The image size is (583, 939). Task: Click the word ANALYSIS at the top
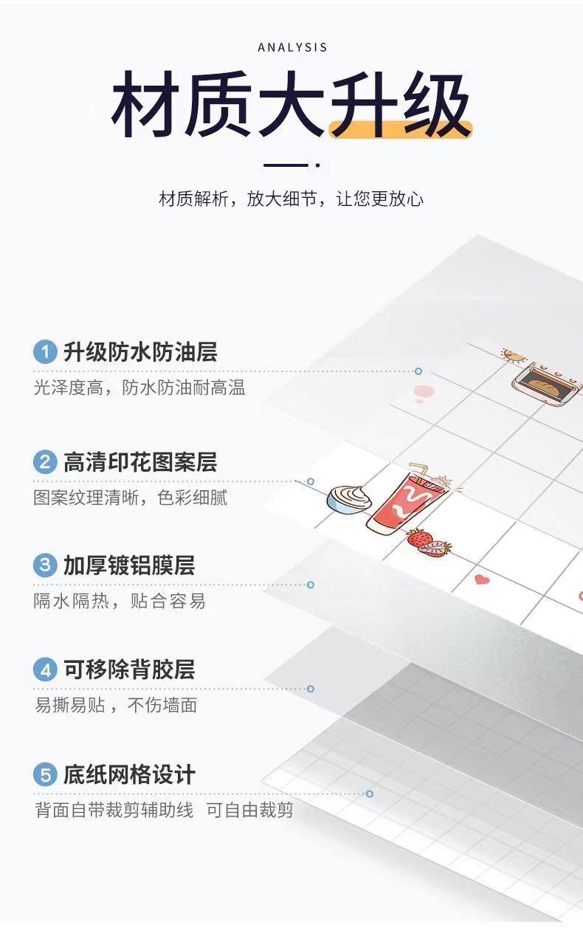tap(292, 48)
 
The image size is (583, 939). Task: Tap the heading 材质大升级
tap(291, 104)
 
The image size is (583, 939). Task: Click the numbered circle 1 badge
tap(45, 352)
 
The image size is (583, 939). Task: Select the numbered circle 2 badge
tap(45, 463)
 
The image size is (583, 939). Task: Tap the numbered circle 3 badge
tap(45, 566)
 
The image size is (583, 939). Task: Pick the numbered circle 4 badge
tap(45, 670)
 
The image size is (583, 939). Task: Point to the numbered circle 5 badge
tap(45, 775)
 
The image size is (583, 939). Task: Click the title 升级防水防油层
tap(140, 352)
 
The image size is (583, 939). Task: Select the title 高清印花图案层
tap(140, 463)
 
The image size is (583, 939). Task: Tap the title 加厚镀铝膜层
tap(129, 566)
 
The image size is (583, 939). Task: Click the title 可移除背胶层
tap(129, 670)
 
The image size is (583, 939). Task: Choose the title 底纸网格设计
tap(129, 775)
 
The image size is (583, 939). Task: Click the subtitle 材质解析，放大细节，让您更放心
tap(291, 199)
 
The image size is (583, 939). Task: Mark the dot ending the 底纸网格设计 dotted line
tap(370, 794)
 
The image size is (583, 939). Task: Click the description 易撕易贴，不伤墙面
tap(116, 705)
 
